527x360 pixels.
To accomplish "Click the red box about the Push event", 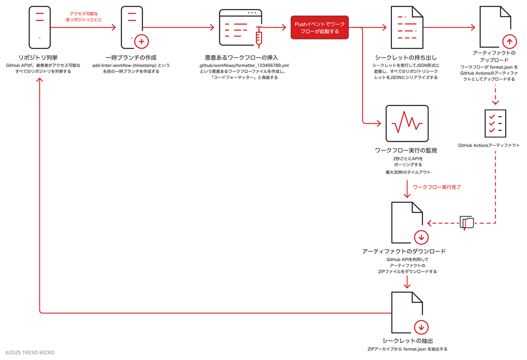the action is point(320,28).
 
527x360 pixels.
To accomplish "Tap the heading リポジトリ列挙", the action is point(38,58).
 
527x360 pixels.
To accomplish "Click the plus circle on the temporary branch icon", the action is point(141,42).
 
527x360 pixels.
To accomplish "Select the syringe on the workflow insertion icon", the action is point(258,37).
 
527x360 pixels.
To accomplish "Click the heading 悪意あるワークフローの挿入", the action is point(242,58).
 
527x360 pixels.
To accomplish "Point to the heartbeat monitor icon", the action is point(407,123).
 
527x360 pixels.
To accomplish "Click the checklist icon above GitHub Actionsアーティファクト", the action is point(496,123).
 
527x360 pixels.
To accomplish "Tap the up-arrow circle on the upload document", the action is point(509,42).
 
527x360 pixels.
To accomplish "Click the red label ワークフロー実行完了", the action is point(437,187).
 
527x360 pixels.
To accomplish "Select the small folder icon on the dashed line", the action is point(467,223).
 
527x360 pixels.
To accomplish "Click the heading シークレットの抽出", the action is point(407,341).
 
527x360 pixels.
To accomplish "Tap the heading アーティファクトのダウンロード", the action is point(404,251).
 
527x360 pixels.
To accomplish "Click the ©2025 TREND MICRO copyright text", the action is point(30,352).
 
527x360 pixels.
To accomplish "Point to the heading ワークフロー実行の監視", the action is point(406,150).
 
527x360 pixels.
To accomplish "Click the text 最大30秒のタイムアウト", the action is point(408,172).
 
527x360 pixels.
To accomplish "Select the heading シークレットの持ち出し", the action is point(406,58).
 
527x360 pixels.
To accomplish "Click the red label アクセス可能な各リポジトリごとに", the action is point(84,17).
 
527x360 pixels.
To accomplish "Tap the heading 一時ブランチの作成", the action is point(131,58).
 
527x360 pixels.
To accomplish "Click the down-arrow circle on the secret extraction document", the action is point(421,327).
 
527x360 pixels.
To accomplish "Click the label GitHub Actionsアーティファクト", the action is point(488,146).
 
